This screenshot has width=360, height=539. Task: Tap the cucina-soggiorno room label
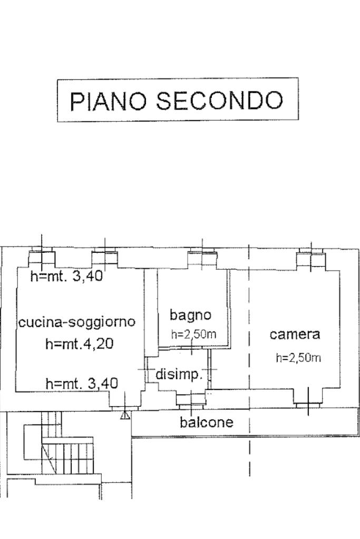[77, 322]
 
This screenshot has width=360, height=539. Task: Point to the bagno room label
[190, 315]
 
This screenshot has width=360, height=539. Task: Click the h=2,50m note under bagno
[193, 334]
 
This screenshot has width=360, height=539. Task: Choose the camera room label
[295, 334]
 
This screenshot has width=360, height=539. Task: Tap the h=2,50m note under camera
[298, 358]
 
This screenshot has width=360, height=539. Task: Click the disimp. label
[179, 375]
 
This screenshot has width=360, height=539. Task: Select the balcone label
[207, 422]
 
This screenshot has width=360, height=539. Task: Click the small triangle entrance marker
[125, 416]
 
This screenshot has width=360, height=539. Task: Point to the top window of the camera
[311, 258]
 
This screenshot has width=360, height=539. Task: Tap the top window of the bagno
[202, 258]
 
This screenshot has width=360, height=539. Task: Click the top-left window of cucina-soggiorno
[42, 258]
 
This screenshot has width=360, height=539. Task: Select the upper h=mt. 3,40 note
[66, 276]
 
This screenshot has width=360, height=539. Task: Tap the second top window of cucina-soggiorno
[105, 258]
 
